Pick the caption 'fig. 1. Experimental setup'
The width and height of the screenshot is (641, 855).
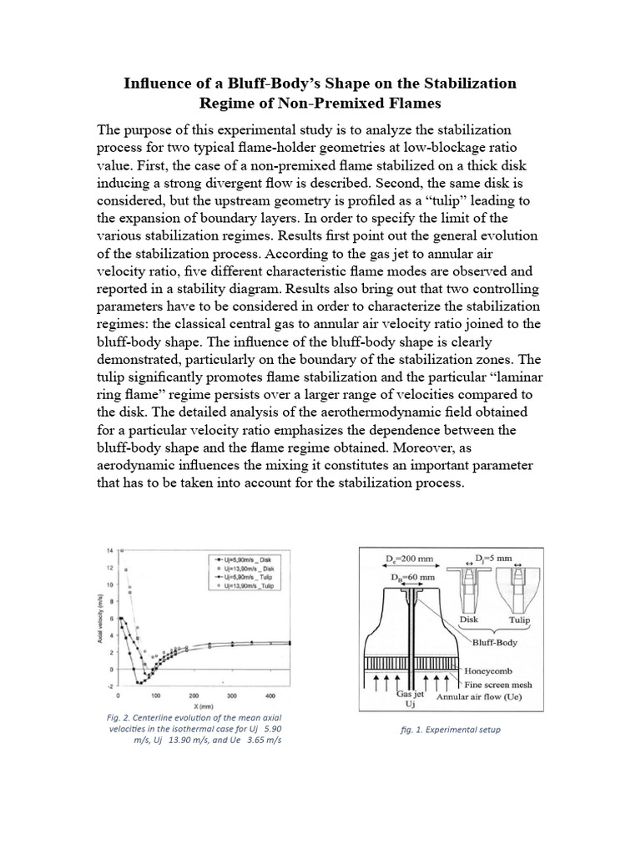[x=451, y=729]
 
